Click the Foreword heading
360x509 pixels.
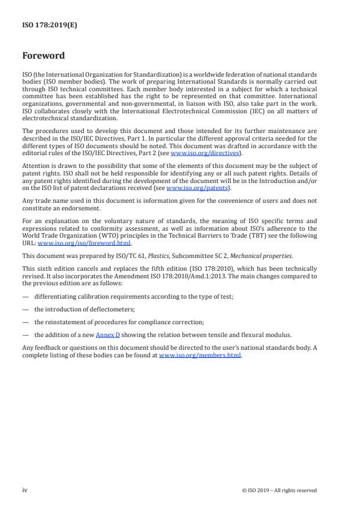point(44,56)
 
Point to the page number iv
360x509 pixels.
point(25,490)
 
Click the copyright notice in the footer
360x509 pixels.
point(279,490)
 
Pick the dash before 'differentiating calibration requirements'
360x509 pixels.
point(25,296)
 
